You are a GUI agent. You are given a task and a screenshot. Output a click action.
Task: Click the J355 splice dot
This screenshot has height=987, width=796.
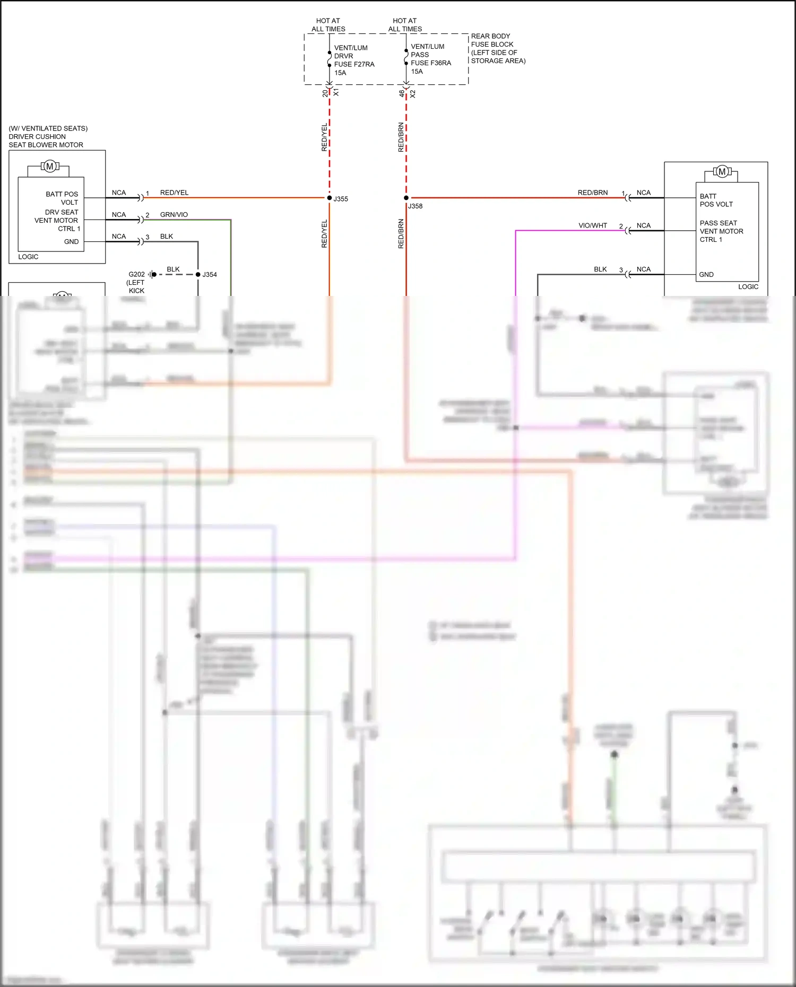[330, 198]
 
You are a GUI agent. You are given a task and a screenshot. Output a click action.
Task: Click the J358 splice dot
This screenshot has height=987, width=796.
[406, 198]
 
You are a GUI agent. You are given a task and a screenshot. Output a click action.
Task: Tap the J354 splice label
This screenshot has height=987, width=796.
[210, 275]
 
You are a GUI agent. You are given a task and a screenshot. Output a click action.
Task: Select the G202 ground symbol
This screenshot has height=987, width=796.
[152, 274]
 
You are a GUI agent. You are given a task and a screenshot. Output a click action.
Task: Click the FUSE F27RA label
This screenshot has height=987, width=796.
[354, 64]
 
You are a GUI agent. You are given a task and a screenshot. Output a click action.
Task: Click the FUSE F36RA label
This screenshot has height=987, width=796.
[431, 63]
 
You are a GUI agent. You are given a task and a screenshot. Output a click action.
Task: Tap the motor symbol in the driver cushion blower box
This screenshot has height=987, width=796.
[50, 167]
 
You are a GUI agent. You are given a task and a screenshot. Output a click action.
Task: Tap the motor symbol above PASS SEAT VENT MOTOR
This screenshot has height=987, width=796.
[722, 171]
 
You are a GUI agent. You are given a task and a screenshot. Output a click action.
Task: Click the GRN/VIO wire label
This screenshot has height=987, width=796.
[174, 215]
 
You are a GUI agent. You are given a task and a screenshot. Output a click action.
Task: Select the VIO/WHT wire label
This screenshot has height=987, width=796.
[593, 225]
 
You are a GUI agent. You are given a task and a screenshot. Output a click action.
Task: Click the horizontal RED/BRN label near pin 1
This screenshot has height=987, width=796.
[593, 193]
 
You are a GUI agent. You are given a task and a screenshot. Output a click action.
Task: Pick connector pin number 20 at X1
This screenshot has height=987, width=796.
[325, 93]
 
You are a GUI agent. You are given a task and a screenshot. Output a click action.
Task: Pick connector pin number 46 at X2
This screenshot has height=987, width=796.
[402, 93]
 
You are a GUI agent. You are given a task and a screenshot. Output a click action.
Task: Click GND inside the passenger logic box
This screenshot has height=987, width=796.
[706, 275]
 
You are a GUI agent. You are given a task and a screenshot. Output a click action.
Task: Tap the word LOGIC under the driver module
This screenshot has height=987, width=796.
[28, 257]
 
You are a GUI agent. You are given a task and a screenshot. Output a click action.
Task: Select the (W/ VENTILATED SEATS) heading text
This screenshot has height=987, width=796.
[48, 128]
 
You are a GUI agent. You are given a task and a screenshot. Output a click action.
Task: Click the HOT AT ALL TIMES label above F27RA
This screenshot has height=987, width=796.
[328, 25]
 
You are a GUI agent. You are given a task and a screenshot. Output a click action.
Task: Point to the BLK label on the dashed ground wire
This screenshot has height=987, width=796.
[173, 269]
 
